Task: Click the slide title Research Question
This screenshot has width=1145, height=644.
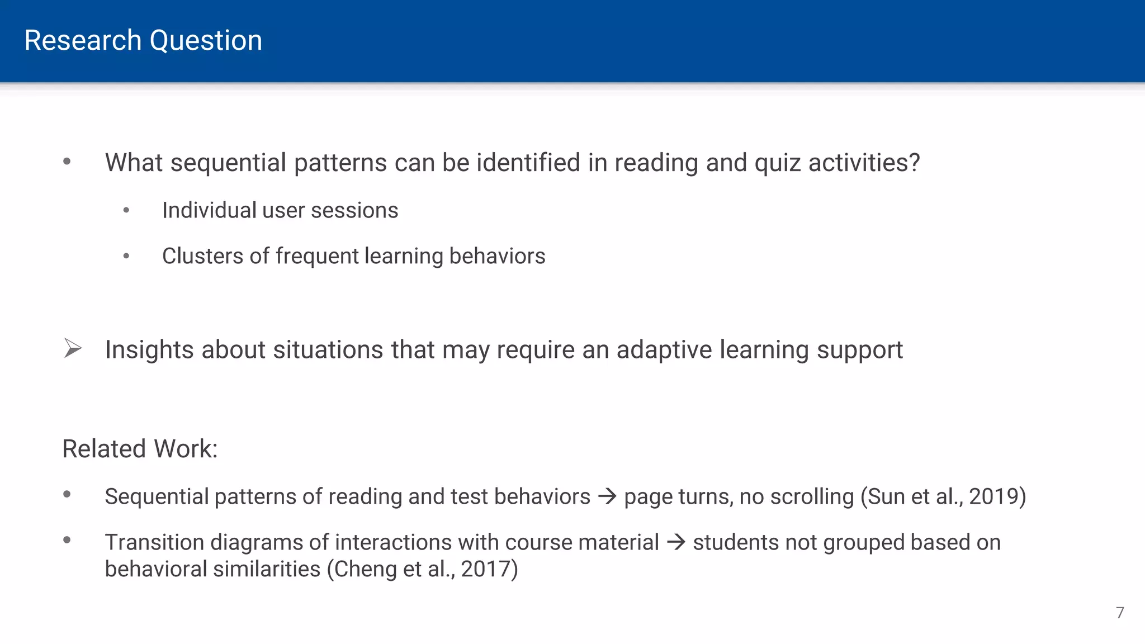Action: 143,40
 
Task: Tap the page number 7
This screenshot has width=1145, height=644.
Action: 1120,613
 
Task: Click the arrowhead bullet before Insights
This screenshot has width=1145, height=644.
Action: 73,348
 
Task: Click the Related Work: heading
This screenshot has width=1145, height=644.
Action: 140,449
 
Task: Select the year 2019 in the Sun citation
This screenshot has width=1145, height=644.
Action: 993,496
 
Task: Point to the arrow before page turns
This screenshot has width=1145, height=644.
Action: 607,496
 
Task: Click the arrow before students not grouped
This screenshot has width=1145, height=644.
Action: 676,542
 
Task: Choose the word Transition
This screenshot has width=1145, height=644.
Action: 154,542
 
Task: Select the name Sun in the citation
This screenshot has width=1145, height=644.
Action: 884,496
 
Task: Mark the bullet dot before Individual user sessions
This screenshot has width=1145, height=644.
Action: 126,211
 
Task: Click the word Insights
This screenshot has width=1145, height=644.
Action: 149,350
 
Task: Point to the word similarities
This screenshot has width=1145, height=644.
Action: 267,569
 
